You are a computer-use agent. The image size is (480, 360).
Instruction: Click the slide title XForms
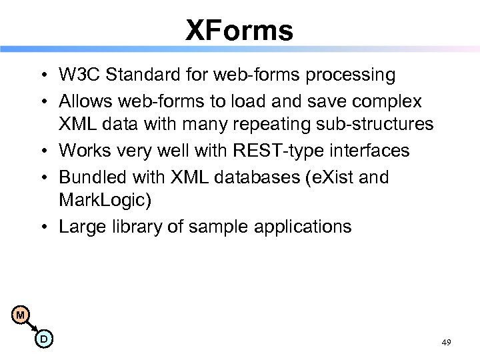[x=239, y=30]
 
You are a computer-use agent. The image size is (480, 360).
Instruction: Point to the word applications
[x=305, y=227]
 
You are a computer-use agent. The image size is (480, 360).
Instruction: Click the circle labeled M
[x=21, y=315]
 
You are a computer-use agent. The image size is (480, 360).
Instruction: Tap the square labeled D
[x=44, y=339]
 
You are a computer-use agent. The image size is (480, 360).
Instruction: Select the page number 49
[x=446, y=342]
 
